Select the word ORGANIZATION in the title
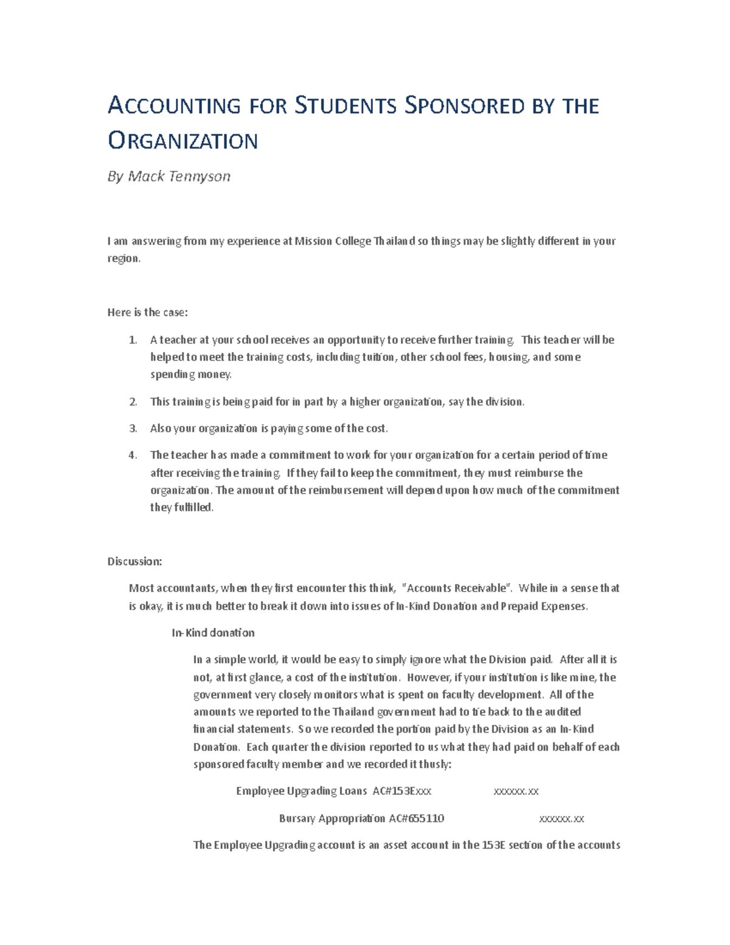[182, 141]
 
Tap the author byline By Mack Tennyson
[169, 176]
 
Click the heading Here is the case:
[148, 312]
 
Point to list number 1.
[133, 340]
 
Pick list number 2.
[133, 402]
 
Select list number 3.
[133, 428]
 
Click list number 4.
[133, 455]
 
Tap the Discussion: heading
[134, 561]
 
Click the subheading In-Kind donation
[213, 633]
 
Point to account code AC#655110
[417, 818]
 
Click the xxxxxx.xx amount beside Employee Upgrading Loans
[515, 791]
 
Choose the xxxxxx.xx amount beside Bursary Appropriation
[561, 818]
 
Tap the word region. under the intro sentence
[124, 259]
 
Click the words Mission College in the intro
[332, 241]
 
